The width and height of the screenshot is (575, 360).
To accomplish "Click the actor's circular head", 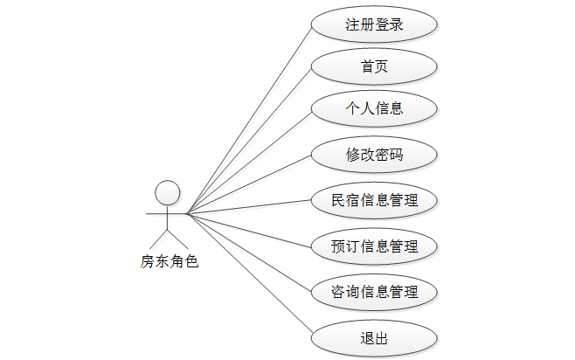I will point(167,192).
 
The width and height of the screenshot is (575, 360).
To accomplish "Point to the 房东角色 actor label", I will point(170,260).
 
